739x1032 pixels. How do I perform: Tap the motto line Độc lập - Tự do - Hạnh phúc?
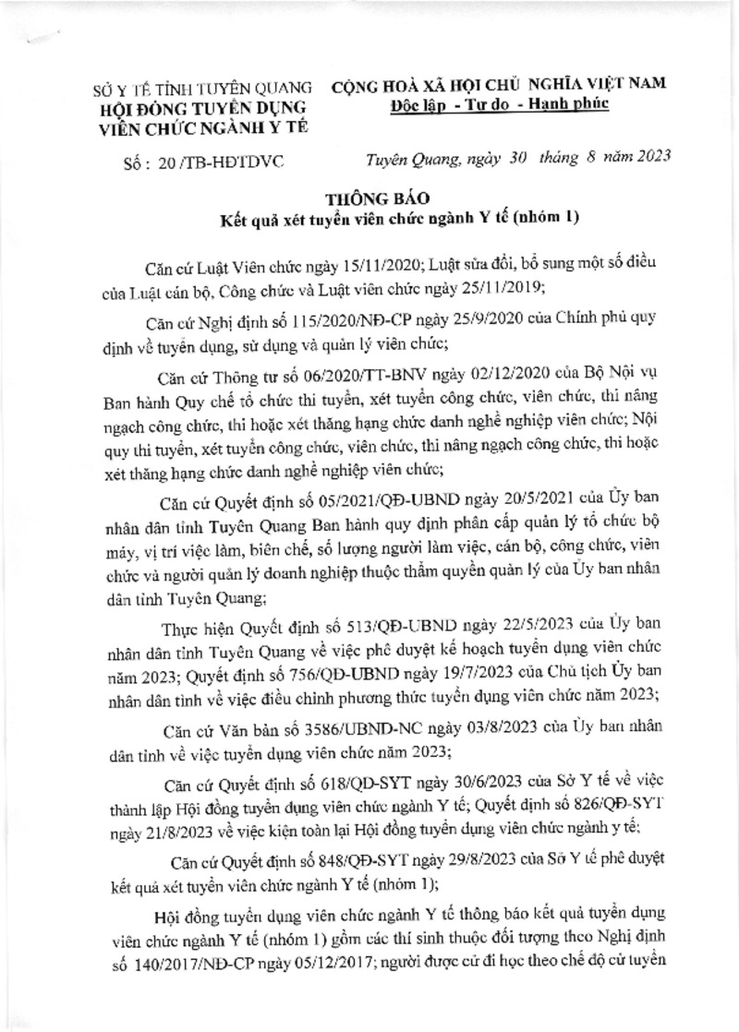(498, 104)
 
